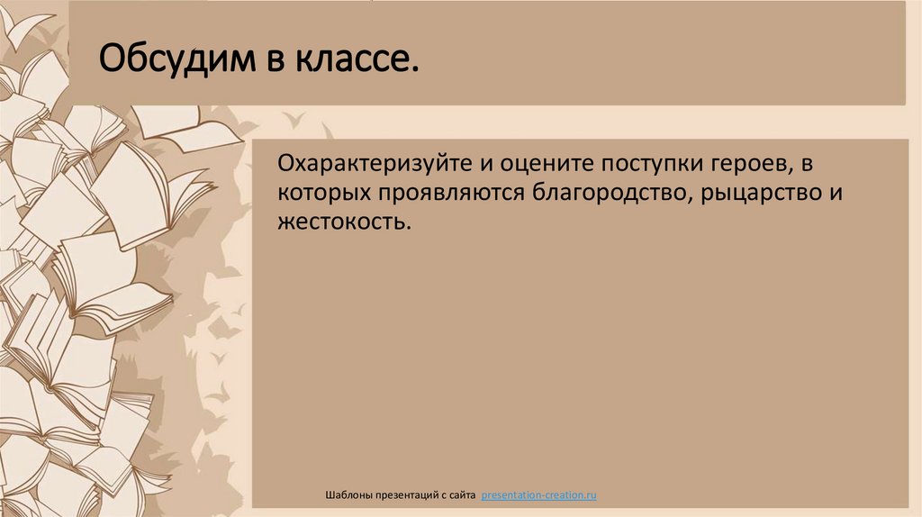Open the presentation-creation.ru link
[539, 495]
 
